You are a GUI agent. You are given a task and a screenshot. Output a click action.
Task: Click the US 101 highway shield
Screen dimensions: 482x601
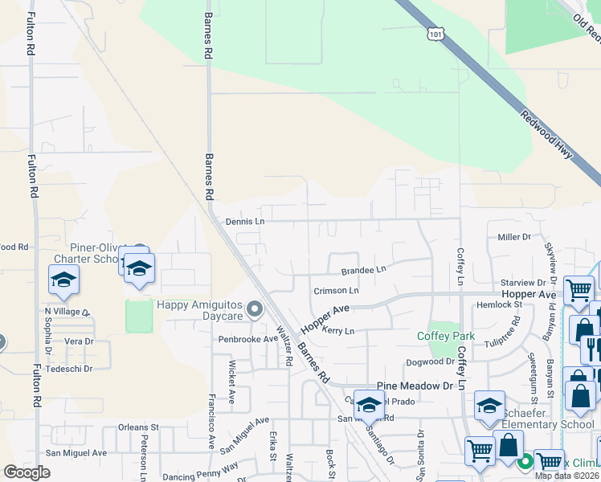pyautogui.click(x=435, y=34)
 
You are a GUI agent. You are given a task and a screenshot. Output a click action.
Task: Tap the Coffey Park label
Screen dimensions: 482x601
pyautogui.click(x=446, y=336)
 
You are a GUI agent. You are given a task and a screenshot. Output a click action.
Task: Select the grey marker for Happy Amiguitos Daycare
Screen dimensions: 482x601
pyautogui.click(x=255, y=308)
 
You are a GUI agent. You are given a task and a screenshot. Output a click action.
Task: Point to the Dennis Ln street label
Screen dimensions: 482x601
pyautogui.click(x=244, y=221)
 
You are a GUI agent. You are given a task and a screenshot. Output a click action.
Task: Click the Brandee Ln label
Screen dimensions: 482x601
pyautogui.click(x=363, y=271)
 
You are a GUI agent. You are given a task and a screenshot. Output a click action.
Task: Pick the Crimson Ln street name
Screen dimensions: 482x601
pyautogui.click(x=336, y=290)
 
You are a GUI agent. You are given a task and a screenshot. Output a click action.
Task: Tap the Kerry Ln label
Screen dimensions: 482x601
pyautogui.click(x=337, y=330)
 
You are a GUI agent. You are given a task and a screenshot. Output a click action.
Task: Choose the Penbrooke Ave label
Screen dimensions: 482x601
pyautogui.click(x=248, y=339)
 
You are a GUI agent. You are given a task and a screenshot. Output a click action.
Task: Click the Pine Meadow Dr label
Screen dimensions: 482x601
pyautogui.click(x=415, y=386)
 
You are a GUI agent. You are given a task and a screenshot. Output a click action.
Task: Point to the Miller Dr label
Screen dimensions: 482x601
pyautogui.click(x=514, y=237)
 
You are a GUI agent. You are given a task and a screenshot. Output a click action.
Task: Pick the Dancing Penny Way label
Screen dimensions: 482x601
pyautogui.click(x=200, y=476)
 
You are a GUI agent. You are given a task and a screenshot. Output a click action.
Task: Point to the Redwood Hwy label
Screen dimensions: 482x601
pyautogui.click(x=546, y=134)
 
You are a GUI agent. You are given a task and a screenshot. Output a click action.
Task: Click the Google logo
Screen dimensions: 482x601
pyautogui.click(x=27, y=472)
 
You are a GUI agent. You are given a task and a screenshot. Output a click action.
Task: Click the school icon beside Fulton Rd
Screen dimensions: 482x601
pyautogui.click(x=63, y=280)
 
